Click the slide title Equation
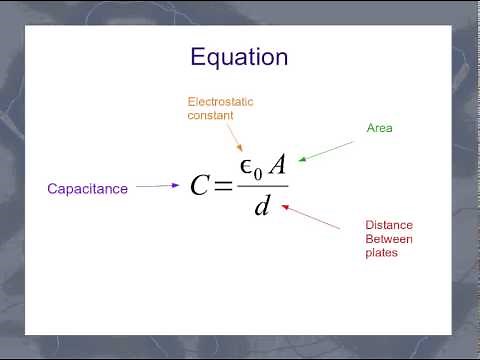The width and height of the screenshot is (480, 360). [239, 56]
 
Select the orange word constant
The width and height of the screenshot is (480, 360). [210, 115]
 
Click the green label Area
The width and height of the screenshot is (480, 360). [380, 129]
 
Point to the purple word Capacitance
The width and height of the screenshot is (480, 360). [88, 188]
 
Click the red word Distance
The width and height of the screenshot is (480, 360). [389, 225]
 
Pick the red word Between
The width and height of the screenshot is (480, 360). [389, 239]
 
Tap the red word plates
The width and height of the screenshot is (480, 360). [382, 253]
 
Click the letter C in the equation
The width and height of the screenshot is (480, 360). [200, 186]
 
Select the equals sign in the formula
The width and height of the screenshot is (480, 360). [223, 186]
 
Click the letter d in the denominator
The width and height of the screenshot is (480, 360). [263, 207]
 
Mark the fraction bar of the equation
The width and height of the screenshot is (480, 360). [263, 186]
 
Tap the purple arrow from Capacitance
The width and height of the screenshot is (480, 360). [158, 185]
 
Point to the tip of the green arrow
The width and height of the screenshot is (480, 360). [301, 160]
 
